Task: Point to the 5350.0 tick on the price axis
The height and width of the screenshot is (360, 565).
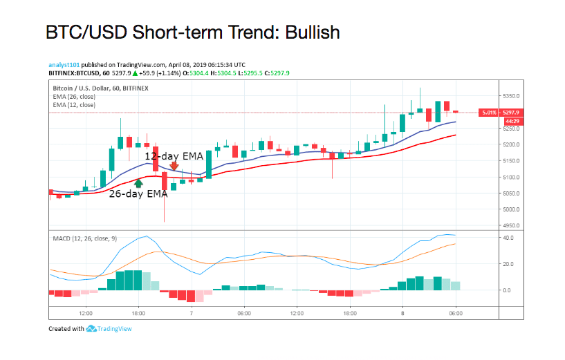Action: coord(512,96)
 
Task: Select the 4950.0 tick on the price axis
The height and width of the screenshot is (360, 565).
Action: coord(512,226)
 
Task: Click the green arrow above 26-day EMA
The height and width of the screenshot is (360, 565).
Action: coord(138,183)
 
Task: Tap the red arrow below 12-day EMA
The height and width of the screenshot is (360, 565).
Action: coord(174,166)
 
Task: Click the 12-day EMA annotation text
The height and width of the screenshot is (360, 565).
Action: coord(174,156)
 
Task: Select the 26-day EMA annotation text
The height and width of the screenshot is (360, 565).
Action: coord(138,194)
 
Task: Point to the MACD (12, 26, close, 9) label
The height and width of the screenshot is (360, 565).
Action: coord(84,238)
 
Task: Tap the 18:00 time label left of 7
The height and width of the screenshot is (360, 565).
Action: coord(138,313)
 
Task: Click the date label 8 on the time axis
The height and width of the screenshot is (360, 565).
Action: coord(403,313)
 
